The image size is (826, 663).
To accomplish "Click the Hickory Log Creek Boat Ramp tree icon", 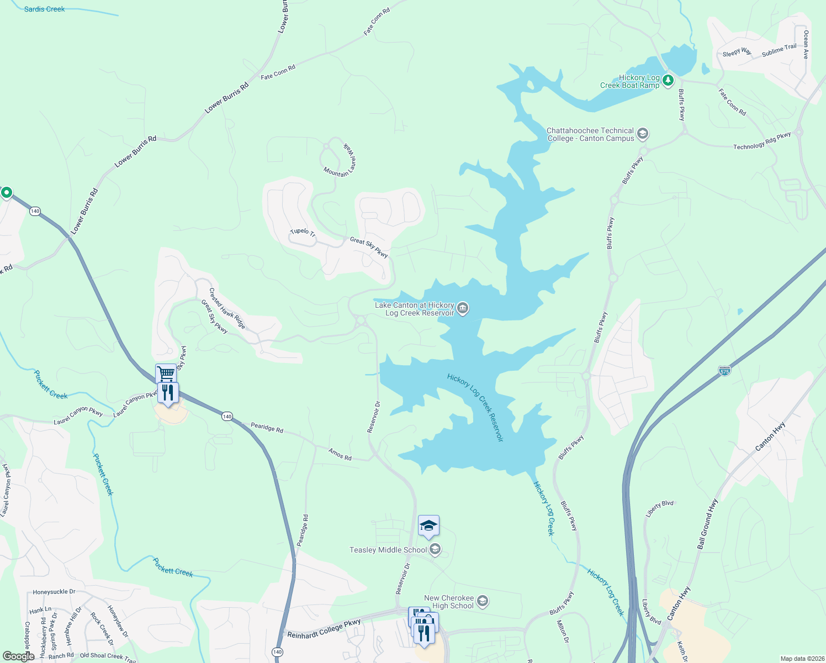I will pos(668,81).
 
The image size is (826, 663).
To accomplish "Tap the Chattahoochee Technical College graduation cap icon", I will pos(642,134).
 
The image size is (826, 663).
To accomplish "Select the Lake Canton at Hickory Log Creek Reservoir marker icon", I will pos(463,308).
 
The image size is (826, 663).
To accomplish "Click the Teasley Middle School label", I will pos(388,550).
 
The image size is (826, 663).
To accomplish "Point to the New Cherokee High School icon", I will pos(483,601).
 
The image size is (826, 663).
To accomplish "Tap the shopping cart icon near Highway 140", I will pos(166,373).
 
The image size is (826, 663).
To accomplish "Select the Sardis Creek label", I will pos(44,9).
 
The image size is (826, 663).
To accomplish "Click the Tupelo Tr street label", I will pos(303,233).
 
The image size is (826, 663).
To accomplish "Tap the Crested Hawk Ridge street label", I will pos(227,308).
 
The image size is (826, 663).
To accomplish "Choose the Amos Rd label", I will pos(340,454).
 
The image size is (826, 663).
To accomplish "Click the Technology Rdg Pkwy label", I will pos(762,141).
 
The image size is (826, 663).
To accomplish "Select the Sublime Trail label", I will pos(779,50).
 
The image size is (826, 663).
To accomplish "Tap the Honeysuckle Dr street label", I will pos(54,592).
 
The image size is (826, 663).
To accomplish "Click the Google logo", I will pos(18,656).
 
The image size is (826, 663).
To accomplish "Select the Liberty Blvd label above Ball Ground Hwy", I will pos(660,508).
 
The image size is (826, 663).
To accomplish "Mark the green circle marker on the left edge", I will pos(7,192).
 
